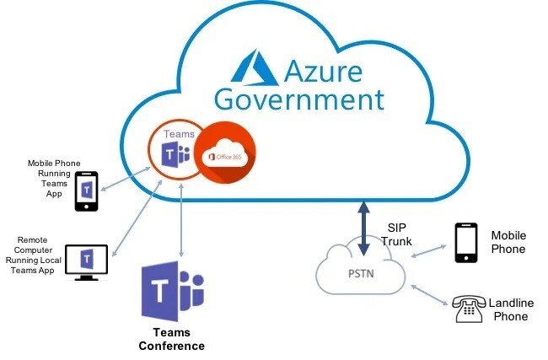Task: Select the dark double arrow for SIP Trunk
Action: [x=363, y=228]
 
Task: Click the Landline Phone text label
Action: [x=512, y=309]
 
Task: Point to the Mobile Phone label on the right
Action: [x=508, y=242]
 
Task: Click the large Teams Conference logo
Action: [x=173, y=287]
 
